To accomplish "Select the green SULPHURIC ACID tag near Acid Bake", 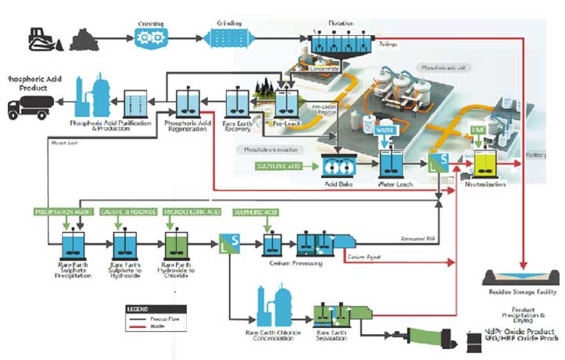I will tap(279, 165).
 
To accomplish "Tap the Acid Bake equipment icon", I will tap(338, 166).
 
